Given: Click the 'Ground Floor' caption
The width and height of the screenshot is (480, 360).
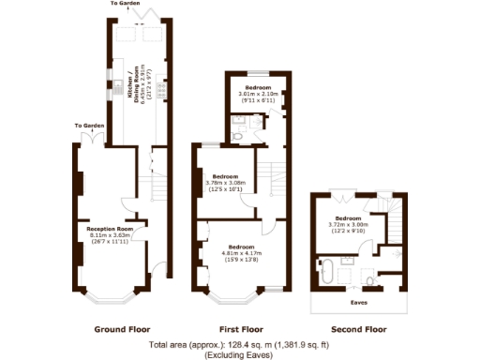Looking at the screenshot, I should [122, 330].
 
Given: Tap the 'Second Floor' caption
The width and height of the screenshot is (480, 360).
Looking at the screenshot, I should [360, 330].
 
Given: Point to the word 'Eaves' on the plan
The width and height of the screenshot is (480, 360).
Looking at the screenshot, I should [359, 303].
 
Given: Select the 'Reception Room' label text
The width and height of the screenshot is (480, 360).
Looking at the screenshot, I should [110, 229].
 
